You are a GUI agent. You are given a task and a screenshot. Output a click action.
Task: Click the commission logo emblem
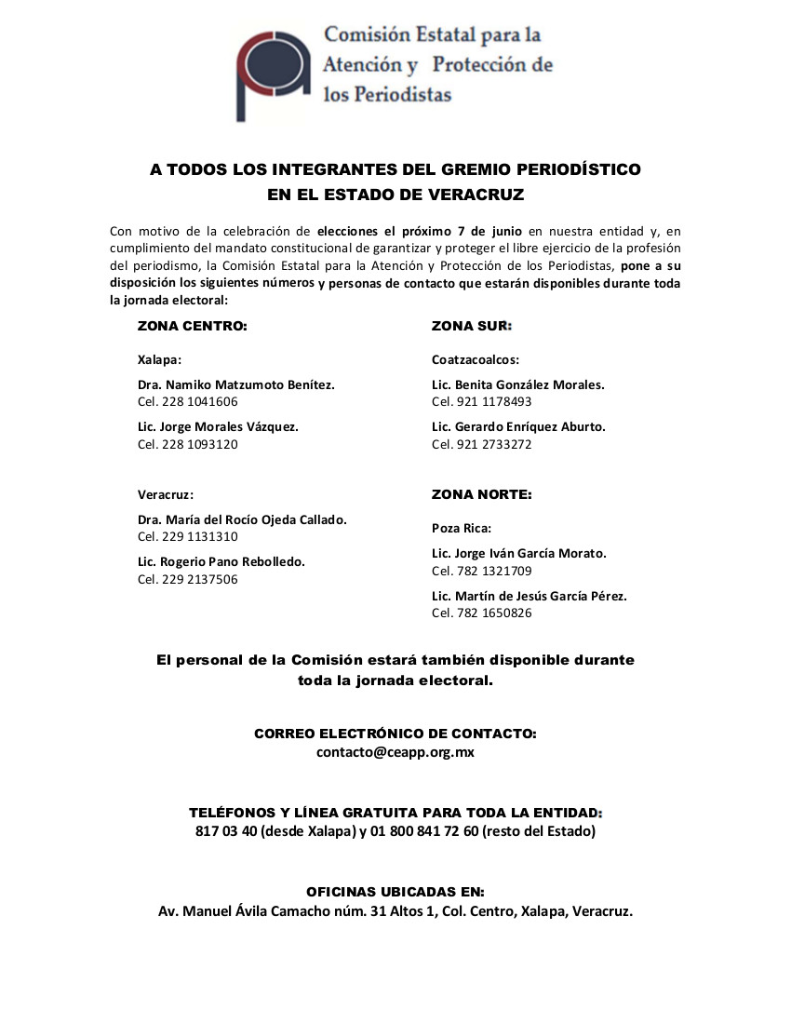(x=271, y=73)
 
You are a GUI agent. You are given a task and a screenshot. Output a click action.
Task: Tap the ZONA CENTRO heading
(x=193, y=327)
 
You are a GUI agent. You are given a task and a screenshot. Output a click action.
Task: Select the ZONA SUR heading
(x=472, y=327)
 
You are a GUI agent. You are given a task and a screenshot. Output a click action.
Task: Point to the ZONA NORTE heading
(x=481, y=494)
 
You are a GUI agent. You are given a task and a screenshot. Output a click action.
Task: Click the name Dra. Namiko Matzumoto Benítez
(x=235, y=384)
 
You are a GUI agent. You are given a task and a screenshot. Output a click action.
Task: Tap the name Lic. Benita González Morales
(x=518, y=384)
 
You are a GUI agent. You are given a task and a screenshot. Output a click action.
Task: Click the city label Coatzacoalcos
(x=475, y=359)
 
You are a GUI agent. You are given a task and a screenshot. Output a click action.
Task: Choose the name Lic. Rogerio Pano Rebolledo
(x=221, y=562)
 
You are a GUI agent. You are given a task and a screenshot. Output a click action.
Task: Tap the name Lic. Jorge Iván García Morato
(x=519, y=553)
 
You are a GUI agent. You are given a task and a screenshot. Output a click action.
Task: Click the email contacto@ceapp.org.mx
(x=395, y=752)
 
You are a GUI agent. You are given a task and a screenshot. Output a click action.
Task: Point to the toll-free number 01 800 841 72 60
(x=423, y=830)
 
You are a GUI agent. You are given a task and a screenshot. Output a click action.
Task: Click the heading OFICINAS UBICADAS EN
(x=395, y=892)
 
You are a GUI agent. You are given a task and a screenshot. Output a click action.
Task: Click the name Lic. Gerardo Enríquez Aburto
(x=518, y=426)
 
